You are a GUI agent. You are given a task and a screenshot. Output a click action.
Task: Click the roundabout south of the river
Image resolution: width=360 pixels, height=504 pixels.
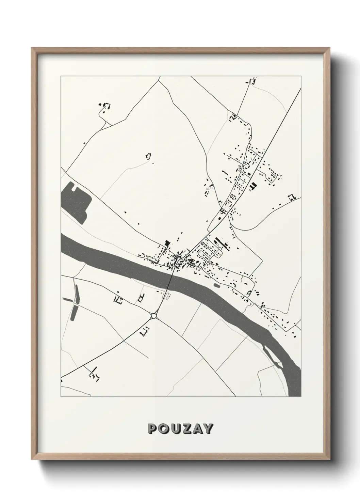tap(153, 316)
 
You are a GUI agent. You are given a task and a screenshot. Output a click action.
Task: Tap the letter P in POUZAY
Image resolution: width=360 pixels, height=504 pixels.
tap(152, 429)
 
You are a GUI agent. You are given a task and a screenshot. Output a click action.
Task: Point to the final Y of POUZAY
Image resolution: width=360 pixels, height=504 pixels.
tap(208, 429)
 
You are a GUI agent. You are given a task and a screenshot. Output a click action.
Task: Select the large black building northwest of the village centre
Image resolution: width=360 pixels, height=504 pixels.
tap(167, 242)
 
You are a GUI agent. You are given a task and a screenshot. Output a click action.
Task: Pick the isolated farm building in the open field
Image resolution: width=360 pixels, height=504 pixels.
tap(148, 156)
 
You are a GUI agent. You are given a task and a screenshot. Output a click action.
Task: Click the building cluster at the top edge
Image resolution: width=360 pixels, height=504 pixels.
tap(251, 81)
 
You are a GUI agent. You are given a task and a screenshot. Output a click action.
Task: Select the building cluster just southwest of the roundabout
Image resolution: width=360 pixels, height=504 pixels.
tap(145, 330)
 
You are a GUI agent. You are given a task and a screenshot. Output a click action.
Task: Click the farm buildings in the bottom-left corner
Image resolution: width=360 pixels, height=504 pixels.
tap(93, 373)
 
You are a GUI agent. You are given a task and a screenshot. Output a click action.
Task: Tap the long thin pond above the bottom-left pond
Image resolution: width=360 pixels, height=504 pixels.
tap(76, 294)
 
